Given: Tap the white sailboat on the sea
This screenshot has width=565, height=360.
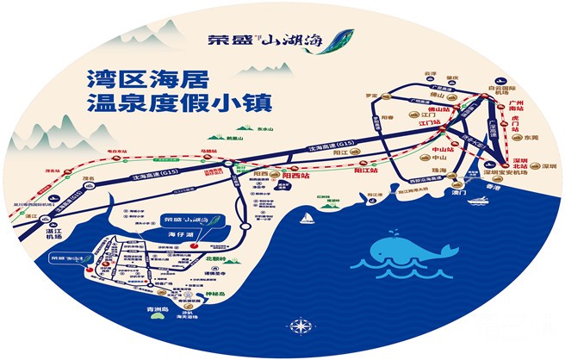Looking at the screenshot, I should [x=305, y=220].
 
